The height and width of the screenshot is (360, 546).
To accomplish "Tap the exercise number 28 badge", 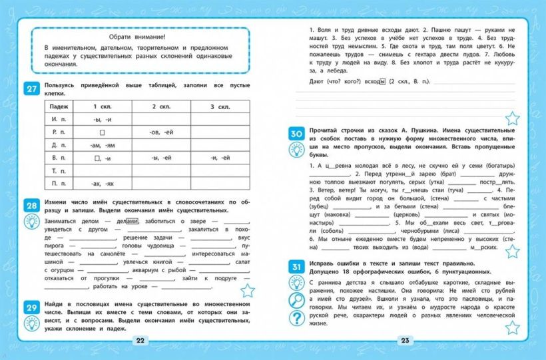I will pos(31,205).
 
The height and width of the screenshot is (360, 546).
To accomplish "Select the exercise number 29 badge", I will pos(31,307).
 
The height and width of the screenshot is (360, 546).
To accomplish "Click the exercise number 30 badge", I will pos(296,134).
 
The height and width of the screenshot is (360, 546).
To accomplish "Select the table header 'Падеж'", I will pos(59,107).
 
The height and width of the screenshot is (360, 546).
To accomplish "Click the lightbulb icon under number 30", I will pos(296,150).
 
